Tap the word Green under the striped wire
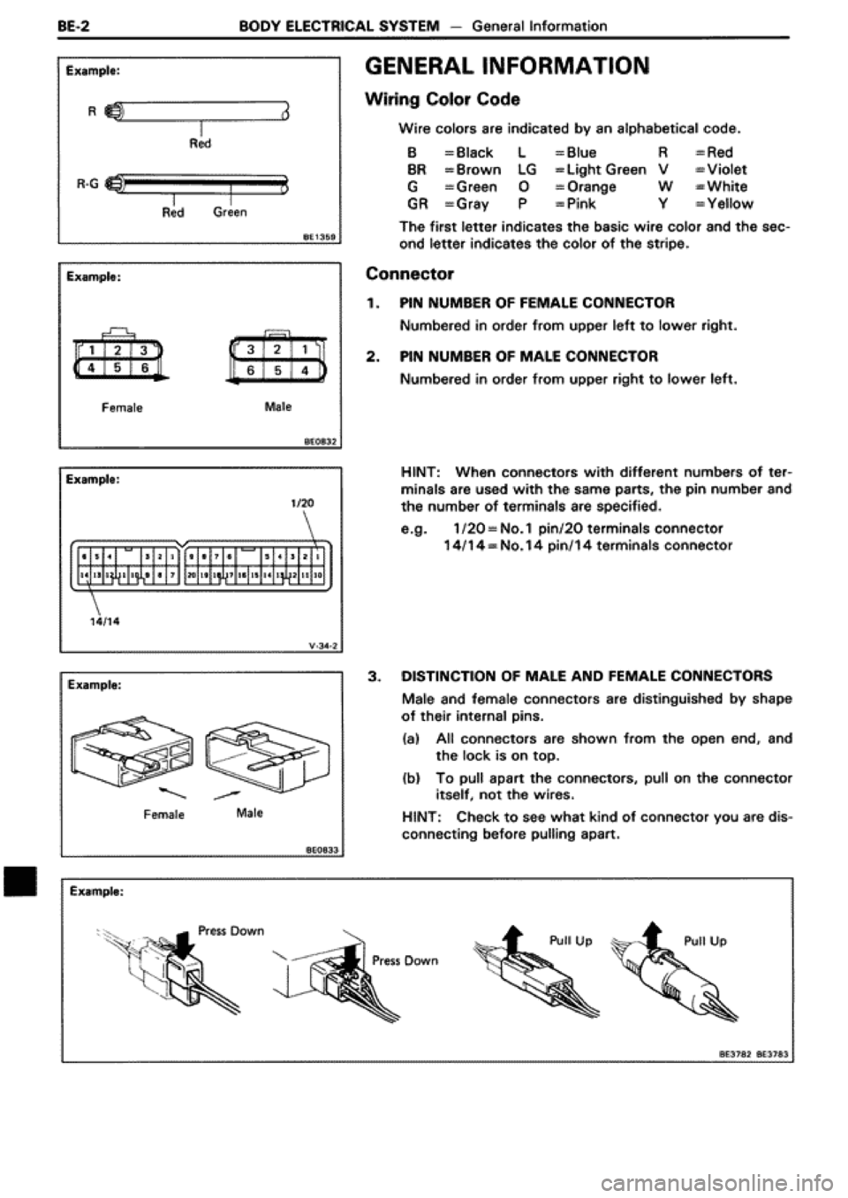(x=231, y=212)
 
